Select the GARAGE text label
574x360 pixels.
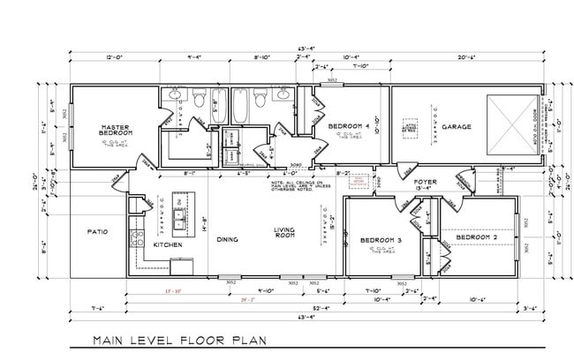tap(456, 126)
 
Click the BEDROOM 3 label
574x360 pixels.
tap(381, 240)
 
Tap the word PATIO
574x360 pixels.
tap(97, 232)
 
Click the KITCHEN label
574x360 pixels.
tap(168, 244)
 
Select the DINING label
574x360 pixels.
tap(227, 238)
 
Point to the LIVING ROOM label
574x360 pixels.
tap(283, 234)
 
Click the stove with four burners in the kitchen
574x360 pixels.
tap(136, 236)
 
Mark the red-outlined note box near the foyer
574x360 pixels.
tap(359, 181)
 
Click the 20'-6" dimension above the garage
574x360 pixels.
tap(467, 58)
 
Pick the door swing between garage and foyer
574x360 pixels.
tap(406, 168)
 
